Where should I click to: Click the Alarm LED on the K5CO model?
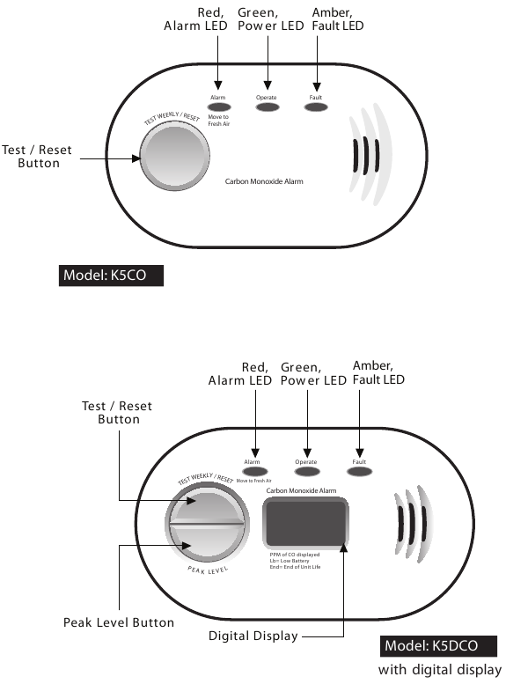[219, 107]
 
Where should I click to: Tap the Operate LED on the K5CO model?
[268, 107]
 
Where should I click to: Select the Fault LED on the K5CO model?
[316, 107]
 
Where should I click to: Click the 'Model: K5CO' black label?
[111, 276]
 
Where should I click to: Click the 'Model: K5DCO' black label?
[438, 645]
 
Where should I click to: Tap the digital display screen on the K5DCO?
[305, 522]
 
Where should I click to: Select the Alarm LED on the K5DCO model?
[254, 472]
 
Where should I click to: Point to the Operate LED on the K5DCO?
[307, 472]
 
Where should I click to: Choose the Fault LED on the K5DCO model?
[359, 472]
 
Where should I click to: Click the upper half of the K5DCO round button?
[207, 504]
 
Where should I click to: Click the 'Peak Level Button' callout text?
[119, 622]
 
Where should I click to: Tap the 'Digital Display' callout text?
[253, 636]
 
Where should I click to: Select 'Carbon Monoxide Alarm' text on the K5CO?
[264, 181]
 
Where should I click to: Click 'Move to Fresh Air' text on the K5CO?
[218, 121]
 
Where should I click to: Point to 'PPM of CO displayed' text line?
[295, 555]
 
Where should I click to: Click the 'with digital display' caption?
[440, 670]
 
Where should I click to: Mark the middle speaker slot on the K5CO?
[365, 156]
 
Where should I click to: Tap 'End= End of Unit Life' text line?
[295, 567]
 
